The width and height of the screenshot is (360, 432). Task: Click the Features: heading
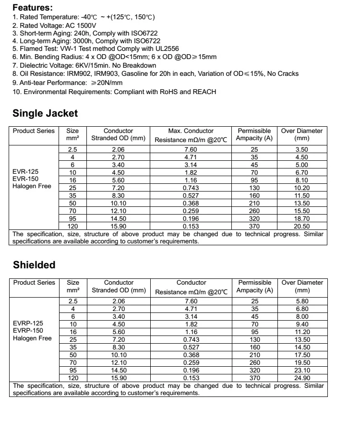click(32, 8)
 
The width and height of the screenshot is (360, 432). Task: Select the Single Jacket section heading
click(45, 113)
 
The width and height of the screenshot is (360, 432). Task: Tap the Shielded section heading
click(34, 265)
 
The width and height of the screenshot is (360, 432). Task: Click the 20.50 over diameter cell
click(301, 226)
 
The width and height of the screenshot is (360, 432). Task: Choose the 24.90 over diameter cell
click(302, 378)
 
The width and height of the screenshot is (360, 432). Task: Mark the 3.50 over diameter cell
click(301, 149)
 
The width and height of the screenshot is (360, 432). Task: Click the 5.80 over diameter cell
click(302, 301)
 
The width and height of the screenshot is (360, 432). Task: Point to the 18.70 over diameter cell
click(301, 218)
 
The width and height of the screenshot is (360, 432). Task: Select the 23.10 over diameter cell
click(302, 370)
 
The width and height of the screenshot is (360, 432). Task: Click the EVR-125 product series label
click(26, 171)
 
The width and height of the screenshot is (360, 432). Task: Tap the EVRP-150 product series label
click(28, 331)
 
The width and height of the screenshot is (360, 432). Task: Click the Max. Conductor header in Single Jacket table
click(191, 131)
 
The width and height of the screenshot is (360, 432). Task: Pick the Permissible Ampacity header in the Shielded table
click(254, 286)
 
